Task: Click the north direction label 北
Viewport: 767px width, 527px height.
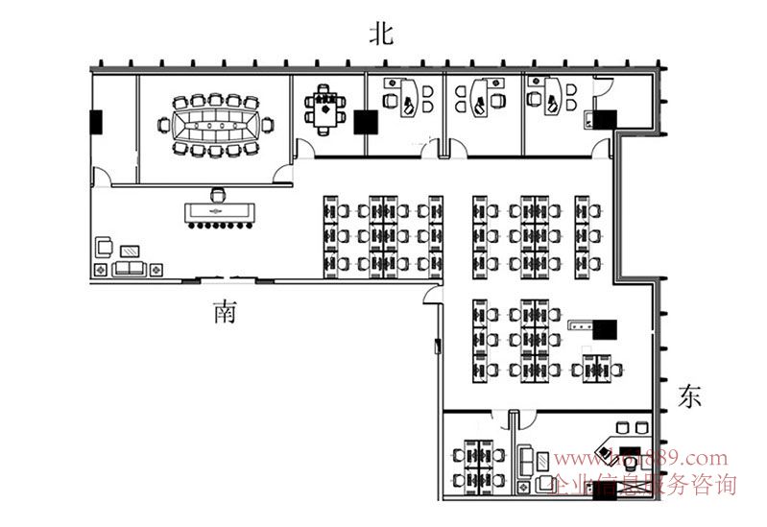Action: coord(382,35)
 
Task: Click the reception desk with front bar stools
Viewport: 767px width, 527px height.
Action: coord(220,211)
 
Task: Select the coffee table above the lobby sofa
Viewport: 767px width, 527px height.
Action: coord(129,251)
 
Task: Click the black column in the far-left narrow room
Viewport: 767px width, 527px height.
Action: coord(96,122)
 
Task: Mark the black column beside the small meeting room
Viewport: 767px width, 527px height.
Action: coord(364,122)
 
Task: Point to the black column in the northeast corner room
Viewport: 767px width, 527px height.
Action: coord(605,120)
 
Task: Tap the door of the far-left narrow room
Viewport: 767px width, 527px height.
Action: coord(100,177)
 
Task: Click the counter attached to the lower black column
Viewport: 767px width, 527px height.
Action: coord(580,325)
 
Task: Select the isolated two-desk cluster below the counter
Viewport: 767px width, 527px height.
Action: coord(596,367)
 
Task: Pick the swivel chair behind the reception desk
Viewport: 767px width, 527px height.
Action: coord(219,193)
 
